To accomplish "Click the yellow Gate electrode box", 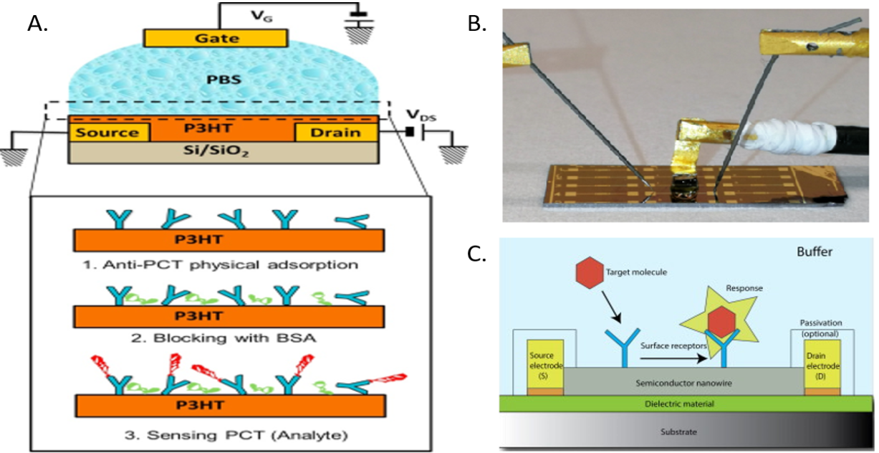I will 216,37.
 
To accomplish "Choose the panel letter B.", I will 478,24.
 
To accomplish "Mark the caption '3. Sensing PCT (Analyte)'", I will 229,434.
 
